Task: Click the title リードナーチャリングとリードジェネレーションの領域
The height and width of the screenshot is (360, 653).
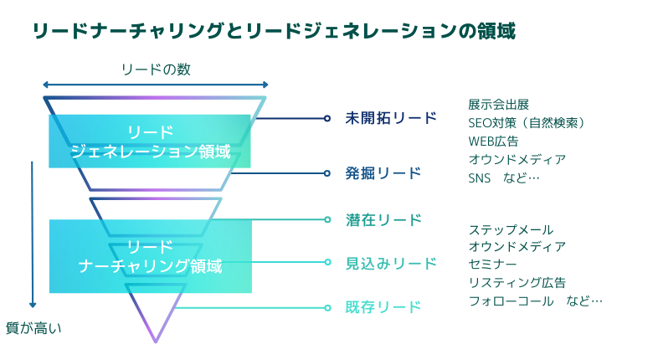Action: click(x=274, y=31)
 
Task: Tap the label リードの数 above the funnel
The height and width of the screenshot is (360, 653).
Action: click(x=157, y=69)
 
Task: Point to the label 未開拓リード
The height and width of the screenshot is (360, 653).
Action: click(x=391, y=118)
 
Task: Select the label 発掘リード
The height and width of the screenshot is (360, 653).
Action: click(x=383, y=173)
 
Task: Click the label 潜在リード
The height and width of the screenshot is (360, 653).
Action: click(x=383, y=219)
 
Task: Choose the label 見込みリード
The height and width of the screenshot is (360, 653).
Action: click(x=391, y=264)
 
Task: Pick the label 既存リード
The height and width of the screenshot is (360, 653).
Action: click(x=383, y=307)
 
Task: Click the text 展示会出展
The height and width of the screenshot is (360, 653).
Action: click(x=498, y=104)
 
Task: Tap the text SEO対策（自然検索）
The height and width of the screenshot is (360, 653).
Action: click(x=527, y=122)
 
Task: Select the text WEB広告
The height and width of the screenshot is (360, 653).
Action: click(x=493, y=141)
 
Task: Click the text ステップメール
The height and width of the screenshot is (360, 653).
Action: click(x=511, y=229)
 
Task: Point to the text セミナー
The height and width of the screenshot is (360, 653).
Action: click(x=492, y=264)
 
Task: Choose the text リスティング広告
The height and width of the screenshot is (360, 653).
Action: click(x=517, y=282)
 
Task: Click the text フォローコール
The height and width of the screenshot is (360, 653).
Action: click(x=511, y=301)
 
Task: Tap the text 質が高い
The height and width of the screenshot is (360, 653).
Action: click(x=33, y=328)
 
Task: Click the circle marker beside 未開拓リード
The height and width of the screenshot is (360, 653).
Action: click(x=327, y=118)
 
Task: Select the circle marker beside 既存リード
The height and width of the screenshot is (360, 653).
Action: click(x=327, y=308)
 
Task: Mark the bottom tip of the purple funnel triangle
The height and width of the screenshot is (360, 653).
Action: click(x=156, y=342)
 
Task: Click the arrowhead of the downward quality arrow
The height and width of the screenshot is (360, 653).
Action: click(x=33, y=305)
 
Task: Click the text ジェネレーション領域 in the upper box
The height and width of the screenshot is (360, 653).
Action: click(x=151, y=152)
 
